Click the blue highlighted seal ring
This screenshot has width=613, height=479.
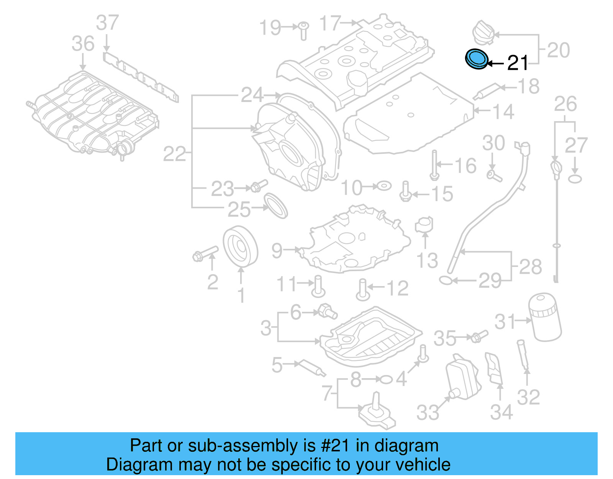pyautogui.click(x=477, y=59)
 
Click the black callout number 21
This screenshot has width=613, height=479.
pyautogui.click(x=518, y=63)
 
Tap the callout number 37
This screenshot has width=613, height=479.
pyautogui.click(x=107, y=23)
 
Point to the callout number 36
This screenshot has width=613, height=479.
pyautogui.click(x=83, y=44)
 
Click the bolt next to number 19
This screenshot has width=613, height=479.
pyautogui.click(x=303, y=30)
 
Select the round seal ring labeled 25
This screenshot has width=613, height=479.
pyautogui.click(x=276, y=206)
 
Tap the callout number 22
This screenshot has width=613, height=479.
pyautogui.click(x=174, y=154)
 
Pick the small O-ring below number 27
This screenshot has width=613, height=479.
pyautogui.click(x=575, y=179)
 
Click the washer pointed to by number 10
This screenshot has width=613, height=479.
pyautogui.click(x=384, y=186)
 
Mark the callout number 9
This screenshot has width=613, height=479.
pyautogui.click(x=277, y=250)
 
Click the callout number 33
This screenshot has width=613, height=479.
pyautogui.click(x=428, y=413)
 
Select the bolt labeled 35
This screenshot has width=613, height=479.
pyautogui.click(x=478, y=336)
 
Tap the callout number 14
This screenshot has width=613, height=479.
pyautogui.click(x=503, y=112)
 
